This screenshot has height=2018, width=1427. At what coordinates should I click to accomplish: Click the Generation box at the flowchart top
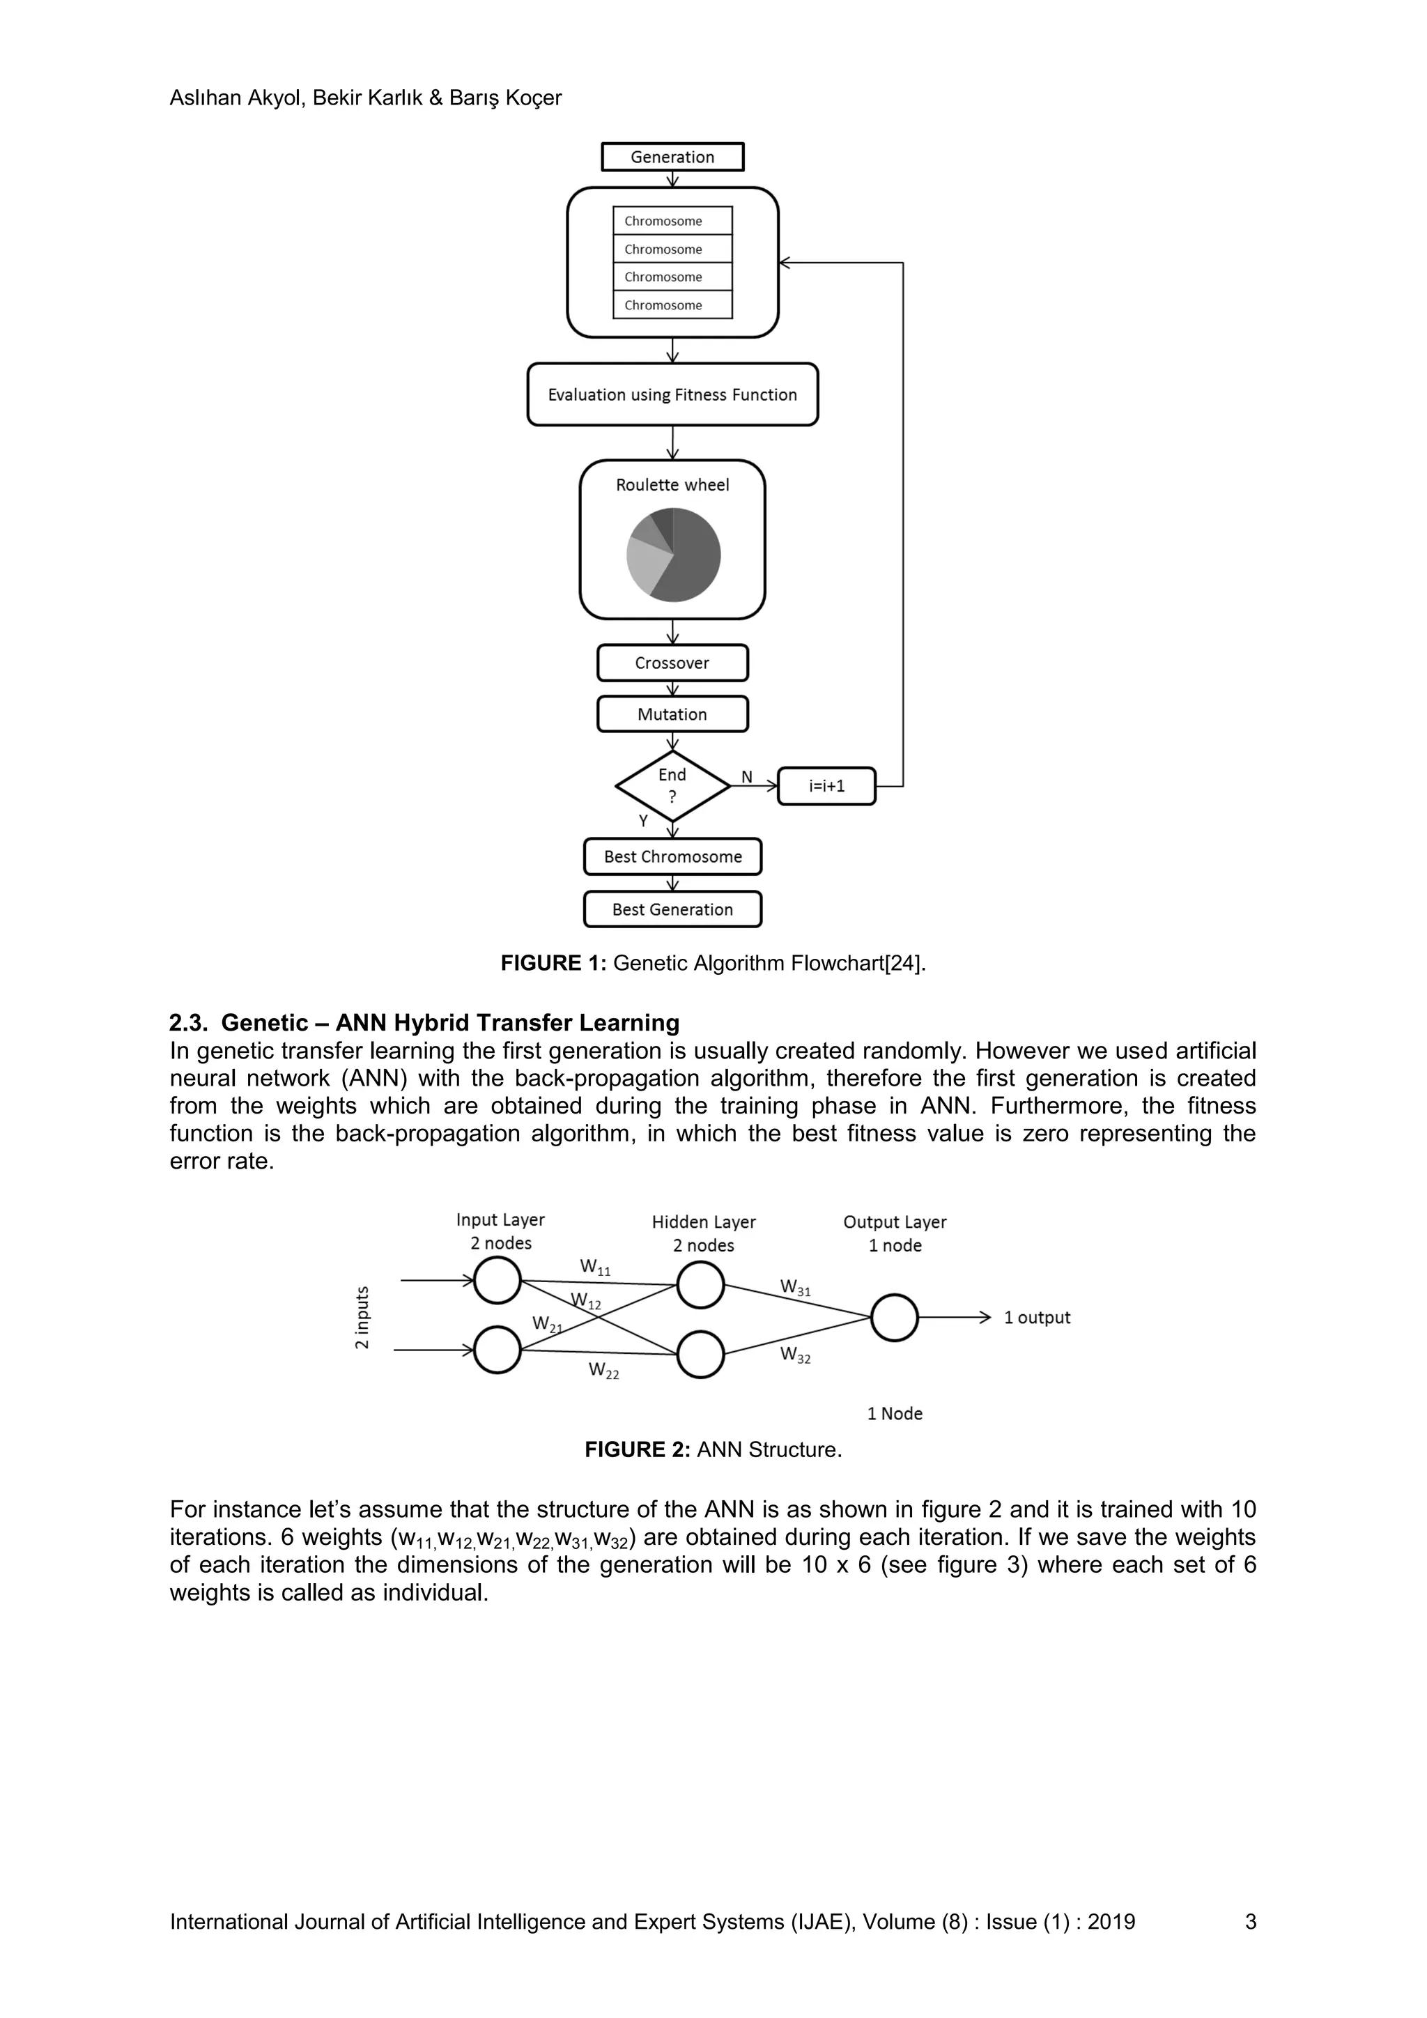[x=672, y=157]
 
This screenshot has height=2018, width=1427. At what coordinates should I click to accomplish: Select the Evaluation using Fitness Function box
[x=672, y=394]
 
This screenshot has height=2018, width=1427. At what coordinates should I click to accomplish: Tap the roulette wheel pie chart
[x=673, y=555]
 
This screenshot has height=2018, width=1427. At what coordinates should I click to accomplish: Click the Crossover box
[x=672, y=663]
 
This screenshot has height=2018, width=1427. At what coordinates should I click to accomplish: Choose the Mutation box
[x=672, y=714]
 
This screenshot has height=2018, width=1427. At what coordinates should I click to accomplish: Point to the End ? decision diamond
[x=672, y=786]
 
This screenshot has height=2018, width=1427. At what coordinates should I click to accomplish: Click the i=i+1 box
[x=826, y=786]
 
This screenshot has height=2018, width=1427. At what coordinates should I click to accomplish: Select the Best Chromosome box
[x=672, y=857]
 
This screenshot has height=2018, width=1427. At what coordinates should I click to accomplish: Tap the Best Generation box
[x=672, y=909]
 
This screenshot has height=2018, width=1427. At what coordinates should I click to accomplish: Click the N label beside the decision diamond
[x=747, y=777]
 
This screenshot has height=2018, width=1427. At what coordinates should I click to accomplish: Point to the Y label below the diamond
[x=643, y=821]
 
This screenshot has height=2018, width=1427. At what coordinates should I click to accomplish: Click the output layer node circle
[x=894, y=1318]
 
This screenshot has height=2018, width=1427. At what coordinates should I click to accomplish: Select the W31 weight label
[x=795, y=1288]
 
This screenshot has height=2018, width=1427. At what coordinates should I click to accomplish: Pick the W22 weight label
[x=603, y=1370]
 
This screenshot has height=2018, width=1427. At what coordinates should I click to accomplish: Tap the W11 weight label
[x=595, y=1268]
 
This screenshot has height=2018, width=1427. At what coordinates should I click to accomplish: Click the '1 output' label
[x=1037, y=1318]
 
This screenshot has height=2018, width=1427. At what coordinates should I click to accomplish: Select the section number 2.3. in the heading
[x=188, y=1023]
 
